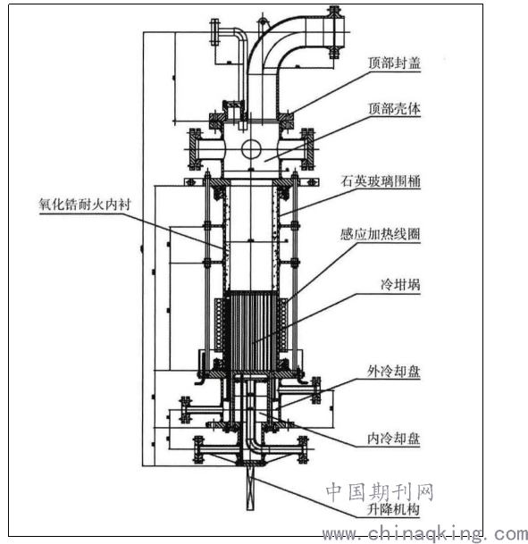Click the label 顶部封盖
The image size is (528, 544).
click(394, 63)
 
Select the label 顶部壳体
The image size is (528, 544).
click(394, 109)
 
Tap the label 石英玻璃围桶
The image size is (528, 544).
click(381, 181)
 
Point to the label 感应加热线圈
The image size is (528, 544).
click(381, 234)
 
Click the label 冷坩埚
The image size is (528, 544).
click(400, 285)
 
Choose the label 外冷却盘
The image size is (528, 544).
click(394, 372)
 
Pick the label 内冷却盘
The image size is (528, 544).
click(394, 439)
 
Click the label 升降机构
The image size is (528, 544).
click(393, 509)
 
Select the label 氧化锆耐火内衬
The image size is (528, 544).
click(85, 204)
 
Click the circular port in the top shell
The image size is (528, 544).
click(251, 149)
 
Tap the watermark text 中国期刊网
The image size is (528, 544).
click(380, 491)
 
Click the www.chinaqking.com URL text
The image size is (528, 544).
click(425, 533)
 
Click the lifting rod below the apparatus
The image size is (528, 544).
click(250, 488)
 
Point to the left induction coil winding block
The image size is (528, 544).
click(220, 324)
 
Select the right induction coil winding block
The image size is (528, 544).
click(283, 324)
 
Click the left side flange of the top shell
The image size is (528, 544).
click(194, 149)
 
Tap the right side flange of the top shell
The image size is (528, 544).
click(308, 149)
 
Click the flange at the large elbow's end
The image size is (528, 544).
click(334, 32)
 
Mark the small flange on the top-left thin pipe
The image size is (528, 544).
click(214, 32)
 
